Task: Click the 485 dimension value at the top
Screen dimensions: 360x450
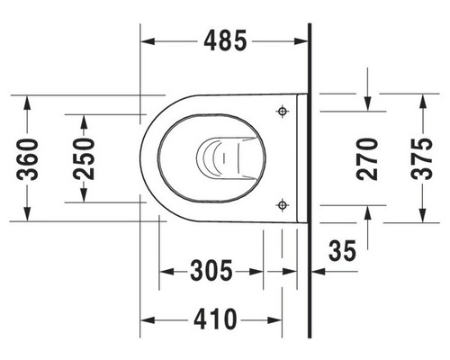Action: tap(225, 41)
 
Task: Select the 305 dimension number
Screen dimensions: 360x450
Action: tap(211, 269)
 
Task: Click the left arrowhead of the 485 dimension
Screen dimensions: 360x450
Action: tap(149, 41)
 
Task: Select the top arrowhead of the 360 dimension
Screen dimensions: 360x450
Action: tap(30, 98)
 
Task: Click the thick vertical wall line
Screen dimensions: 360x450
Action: tap(308, 180)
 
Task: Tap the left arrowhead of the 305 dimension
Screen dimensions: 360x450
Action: tap(166, 269)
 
